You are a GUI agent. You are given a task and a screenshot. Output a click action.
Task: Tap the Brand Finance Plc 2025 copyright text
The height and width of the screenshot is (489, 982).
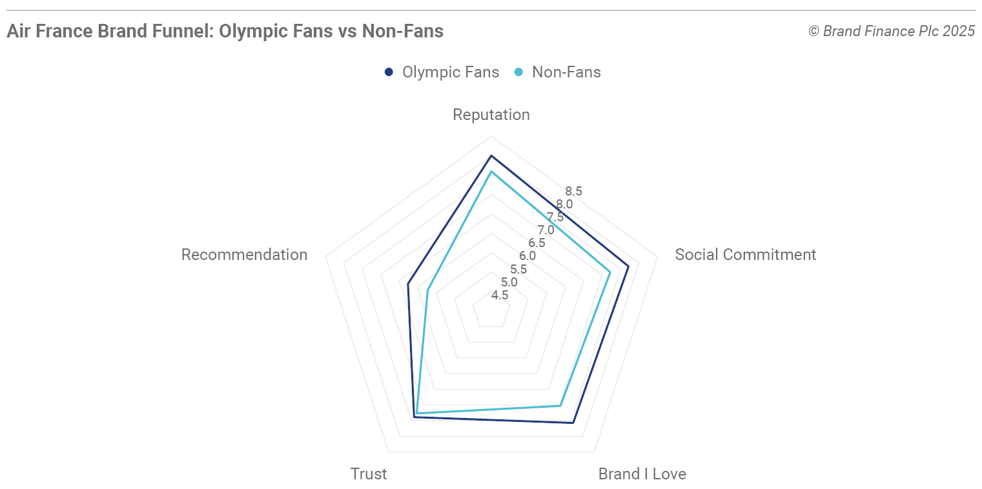(x=892, y=31)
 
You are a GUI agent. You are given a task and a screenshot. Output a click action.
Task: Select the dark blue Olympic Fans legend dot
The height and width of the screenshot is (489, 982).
(x=389, y=72)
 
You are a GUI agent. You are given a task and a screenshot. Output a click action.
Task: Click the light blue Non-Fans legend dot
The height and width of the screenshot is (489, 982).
(x=518, y=72)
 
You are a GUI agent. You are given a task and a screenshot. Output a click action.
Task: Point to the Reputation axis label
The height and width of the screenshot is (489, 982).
(x=491, y=115)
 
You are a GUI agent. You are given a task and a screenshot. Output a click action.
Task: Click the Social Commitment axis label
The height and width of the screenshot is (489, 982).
(x=745, y=255)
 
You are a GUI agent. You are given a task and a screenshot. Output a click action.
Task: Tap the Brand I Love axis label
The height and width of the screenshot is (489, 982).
(x=642, y=474)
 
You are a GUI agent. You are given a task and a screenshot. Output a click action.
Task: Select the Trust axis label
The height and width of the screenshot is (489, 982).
(x=369, y=474)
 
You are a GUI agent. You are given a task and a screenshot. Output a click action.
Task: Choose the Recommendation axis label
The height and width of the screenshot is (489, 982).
(x=244, y=255)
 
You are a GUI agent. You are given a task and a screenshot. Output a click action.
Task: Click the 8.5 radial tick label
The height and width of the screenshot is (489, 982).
(x=573, y=191)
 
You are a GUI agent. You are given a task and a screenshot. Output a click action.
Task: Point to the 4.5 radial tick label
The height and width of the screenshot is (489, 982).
(x=500, y=295)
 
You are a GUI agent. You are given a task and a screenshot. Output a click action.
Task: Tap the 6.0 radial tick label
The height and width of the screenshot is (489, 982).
(x=527, y=256)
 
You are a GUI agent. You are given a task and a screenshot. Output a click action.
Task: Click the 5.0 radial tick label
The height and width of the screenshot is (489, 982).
(x=509, y=283)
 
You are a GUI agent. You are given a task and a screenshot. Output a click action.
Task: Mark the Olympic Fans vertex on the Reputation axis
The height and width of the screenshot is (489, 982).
(x=491, y=156)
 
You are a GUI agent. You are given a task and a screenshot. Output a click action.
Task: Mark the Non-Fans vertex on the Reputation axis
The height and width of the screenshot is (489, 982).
(x=491, y=172)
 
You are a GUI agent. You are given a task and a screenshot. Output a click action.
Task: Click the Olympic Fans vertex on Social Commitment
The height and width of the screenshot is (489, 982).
(x=628, y=266)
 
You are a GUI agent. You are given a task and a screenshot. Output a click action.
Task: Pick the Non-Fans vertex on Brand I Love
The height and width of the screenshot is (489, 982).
(x=560, y=406)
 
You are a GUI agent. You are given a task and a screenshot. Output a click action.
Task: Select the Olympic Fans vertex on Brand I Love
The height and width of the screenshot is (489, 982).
(x=573, y=423)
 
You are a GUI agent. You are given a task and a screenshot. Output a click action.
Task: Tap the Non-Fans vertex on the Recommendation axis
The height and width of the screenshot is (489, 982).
(x=427, y=290)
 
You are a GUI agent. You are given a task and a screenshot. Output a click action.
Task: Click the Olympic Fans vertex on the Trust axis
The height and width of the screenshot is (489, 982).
(x=414, y=417)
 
